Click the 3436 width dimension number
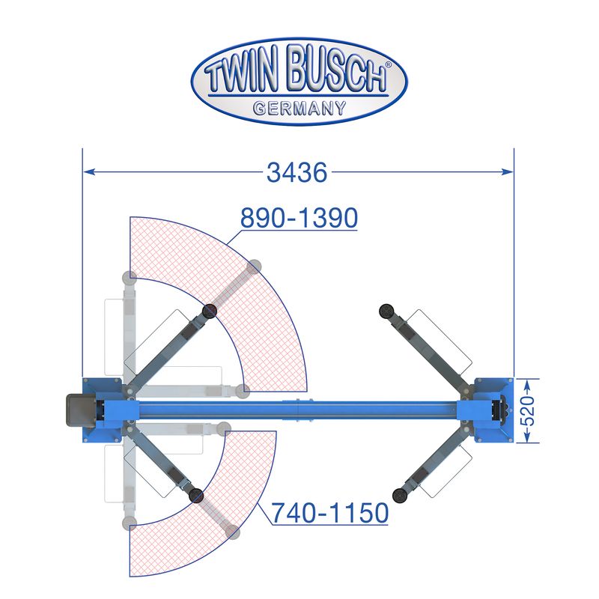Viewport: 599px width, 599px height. point(297,172)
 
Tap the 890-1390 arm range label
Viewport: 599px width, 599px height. point(299,218)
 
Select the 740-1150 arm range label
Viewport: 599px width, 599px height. point(329,513)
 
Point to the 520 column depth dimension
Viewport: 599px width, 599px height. point(529,410)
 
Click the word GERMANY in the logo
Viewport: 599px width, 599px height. point(299,108)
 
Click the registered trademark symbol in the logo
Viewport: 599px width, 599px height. point(388,65)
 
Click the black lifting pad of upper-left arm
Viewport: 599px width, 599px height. point(210,311)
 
